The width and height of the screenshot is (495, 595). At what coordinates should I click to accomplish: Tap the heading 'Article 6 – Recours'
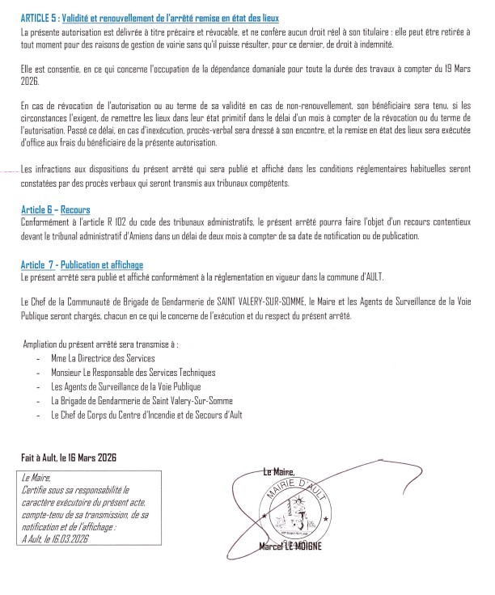click(x=55, y=209)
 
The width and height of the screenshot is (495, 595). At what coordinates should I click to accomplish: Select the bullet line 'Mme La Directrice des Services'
click(x=102, y=357)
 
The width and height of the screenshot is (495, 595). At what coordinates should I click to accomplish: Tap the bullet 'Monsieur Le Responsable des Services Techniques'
click(x=133, y=372)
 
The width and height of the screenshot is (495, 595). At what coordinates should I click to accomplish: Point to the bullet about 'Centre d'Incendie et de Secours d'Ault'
click(x=146, y=415)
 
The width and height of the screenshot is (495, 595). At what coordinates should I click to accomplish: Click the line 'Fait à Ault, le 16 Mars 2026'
click(x=69, y=458)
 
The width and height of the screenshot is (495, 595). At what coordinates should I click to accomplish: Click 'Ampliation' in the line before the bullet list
click(x=44, y=344)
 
